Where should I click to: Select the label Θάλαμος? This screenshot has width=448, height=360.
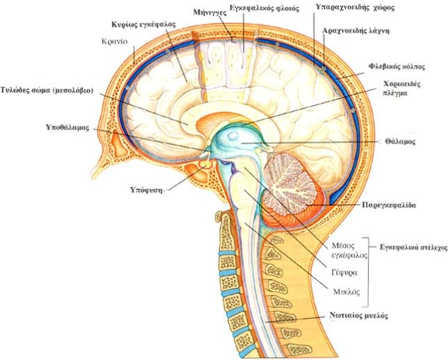pos(400,141)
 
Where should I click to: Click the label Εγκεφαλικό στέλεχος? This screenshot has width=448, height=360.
pos(414,247)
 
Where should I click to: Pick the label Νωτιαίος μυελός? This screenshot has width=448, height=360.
pos(358,316)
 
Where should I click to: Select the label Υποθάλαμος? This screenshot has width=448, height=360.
pos(67,128)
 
